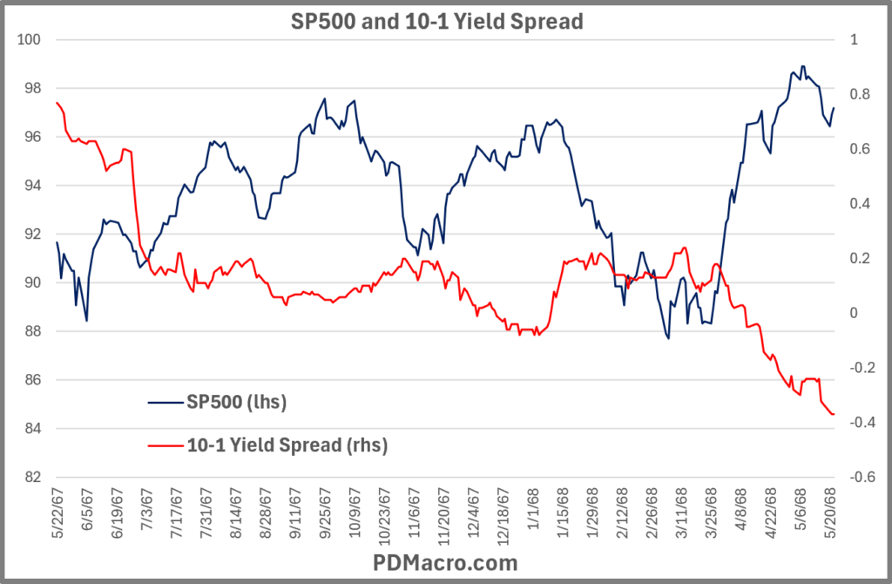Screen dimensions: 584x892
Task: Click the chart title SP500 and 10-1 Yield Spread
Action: [436, 22]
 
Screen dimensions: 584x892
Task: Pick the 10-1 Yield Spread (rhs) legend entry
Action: [287, 445]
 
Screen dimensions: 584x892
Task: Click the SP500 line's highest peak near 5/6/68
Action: [802, 66]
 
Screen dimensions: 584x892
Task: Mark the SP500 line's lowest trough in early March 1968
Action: [669, 338]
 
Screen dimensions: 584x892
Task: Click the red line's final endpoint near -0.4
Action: [834, 414]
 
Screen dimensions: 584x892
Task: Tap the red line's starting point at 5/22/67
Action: [57, 103]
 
